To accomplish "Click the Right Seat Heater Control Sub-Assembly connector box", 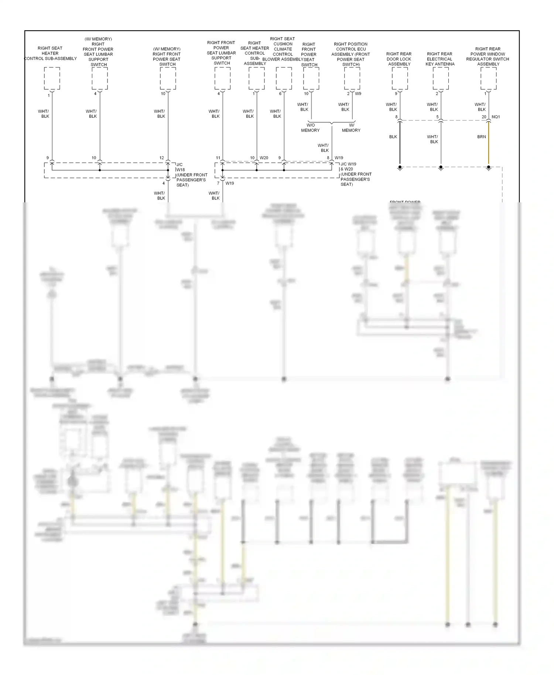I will point(52,78).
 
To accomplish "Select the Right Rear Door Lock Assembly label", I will point(399,59).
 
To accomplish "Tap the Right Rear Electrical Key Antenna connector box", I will point(441,78).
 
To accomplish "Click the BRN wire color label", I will point(482,137).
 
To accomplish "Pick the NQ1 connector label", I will point(496,117).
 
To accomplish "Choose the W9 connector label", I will point(358,94).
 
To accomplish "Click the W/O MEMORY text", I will point(310,128).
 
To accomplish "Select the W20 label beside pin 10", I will point(264,158).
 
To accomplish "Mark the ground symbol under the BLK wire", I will point(400,168).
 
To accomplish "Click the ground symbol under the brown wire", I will point(489,168).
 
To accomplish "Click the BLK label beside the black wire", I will point(393,137).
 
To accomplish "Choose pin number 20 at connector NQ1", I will point(484,117).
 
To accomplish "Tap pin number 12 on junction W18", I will point(161,158).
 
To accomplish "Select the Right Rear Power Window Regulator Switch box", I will point(489,78).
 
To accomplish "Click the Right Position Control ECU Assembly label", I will point(350,54).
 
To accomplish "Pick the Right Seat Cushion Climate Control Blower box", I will point(284,78).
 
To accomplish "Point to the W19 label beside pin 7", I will point(230,184).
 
